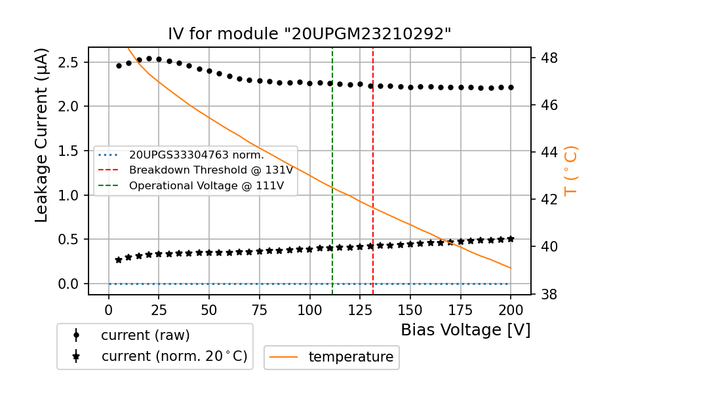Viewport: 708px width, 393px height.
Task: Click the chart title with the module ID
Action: pyautogui.click(x=309, y=34)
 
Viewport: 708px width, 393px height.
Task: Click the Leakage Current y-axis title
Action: pyautogui.click(x=42, y=135)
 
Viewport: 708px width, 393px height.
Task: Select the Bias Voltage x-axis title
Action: pyautogui.click(x=465, y=329)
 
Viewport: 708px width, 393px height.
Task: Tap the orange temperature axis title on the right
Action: pyautogui.click(x=571, y=170)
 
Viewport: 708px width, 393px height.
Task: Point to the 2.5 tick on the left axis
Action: pyautogui.click(x=68, y=62)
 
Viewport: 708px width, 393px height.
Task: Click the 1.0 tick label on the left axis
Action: pyautogui.click(x=68, y=195)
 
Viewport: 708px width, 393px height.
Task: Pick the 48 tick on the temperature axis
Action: pyautogui.click(x=549, y=58)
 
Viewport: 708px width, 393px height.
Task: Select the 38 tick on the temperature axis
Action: pyautogui.click(x=549, y=294)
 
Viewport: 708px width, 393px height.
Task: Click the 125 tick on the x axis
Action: pyautogui.click(x=359, y=309)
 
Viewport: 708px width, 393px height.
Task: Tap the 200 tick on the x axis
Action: pyautogui.click(x=511, y=309)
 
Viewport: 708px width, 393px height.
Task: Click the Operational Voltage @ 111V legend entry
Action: pyautogui.click(x=206, y=185)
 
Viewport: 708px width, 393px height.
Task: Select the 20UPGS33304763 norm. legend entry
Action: pyautogui.click(x=196, y=155)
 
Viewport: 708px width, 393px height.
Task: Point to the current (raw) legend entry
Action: pyautogui.click(x=145, y=335)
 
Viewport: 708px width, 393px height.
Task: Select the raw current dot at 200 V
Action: pyautogui.click(x=511, y=87)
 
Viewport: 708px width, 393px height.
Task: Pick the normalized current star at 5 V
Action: pyautogui.click(x=119, y=260)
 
